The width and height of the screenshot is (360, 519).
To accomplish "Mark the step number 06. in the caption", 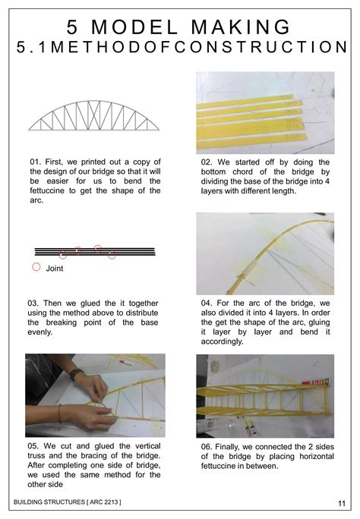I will click(209, 447).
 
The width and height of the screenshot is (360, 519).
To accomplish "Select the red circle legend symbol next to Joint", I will click(36, 268).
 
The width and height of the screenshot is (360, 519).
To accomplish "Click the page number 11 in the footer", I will click(342, 504).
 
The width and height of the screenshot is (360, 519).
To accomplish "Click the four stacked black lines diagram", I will click(95, 252).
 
